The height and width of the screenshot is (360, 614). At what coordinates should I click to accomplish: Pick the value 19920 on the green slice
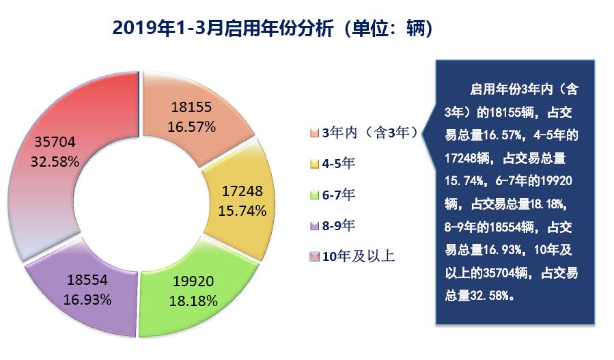pos(194,281)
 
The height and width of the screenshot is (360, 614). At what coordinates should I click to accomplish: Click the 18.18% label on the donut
pos(194,300)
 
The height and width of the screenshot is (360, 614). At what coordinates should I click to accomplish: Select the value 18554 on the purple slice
pos(87,280)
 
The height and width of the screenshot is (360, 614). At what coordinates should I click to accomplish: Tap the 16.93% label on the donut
pos(87,299)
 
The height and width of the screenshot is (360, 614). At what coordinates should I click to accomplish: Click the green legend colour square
pos(314,196)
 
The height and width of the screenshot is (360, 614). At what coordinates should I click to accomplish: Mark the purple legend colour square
pos(314,226)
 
